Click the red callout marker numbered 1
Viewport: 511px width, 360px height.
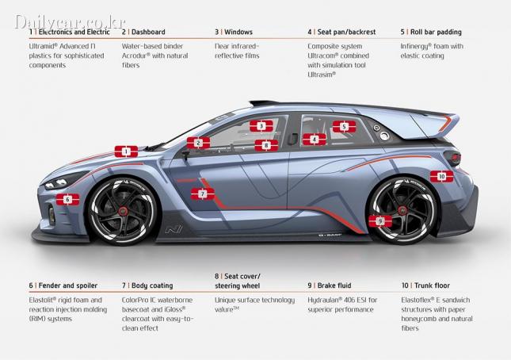126,151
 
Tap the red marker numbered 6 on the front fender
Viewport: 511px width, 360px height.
67,199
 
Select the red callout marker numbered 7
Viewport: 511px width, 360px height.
202,194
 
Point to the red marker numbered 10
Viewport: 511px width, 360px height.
441,176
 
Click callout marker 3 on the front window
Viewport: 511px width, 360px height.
261,126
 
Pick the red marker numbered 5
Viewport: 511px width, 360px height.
344,126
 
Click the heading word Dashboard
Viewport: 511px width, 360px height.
148,32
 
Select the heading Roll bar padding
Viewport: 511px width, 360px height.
436,32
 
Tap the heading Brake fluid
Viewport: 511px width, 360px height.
334,285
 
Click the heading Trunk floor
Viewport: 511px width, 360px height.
432,285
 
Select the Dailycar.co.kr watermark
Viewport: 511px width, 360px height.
70,22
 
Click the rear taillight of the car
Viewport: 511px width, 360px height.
452,158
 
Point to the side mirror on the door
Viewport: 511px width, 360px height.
185,156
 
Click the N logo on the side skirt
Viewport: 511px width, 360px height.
174,230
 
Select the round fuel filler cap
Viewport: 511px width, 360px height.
384,136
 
